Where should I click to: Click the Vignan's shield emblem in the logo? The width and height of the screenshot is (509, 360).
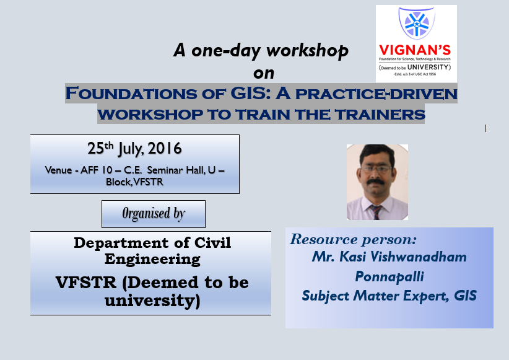click(415, 25)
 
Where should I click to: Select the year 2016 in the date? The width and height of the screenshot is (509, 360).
click(166, 149)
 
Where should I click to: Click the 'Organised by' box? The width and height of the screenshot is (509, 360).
click(154, 214)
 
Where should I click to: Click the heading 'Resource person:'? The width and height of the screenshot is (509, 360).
click(354, 239)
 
